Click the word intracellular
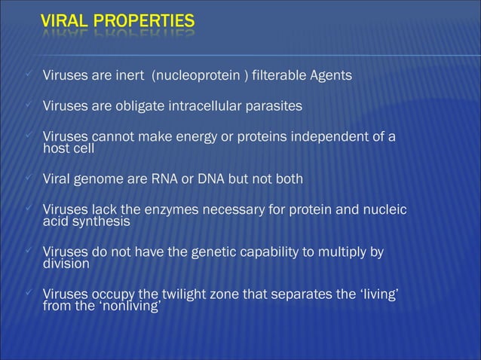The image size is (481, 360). pos(202,106)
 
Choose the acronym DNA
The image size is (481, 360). pos(194,179)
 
